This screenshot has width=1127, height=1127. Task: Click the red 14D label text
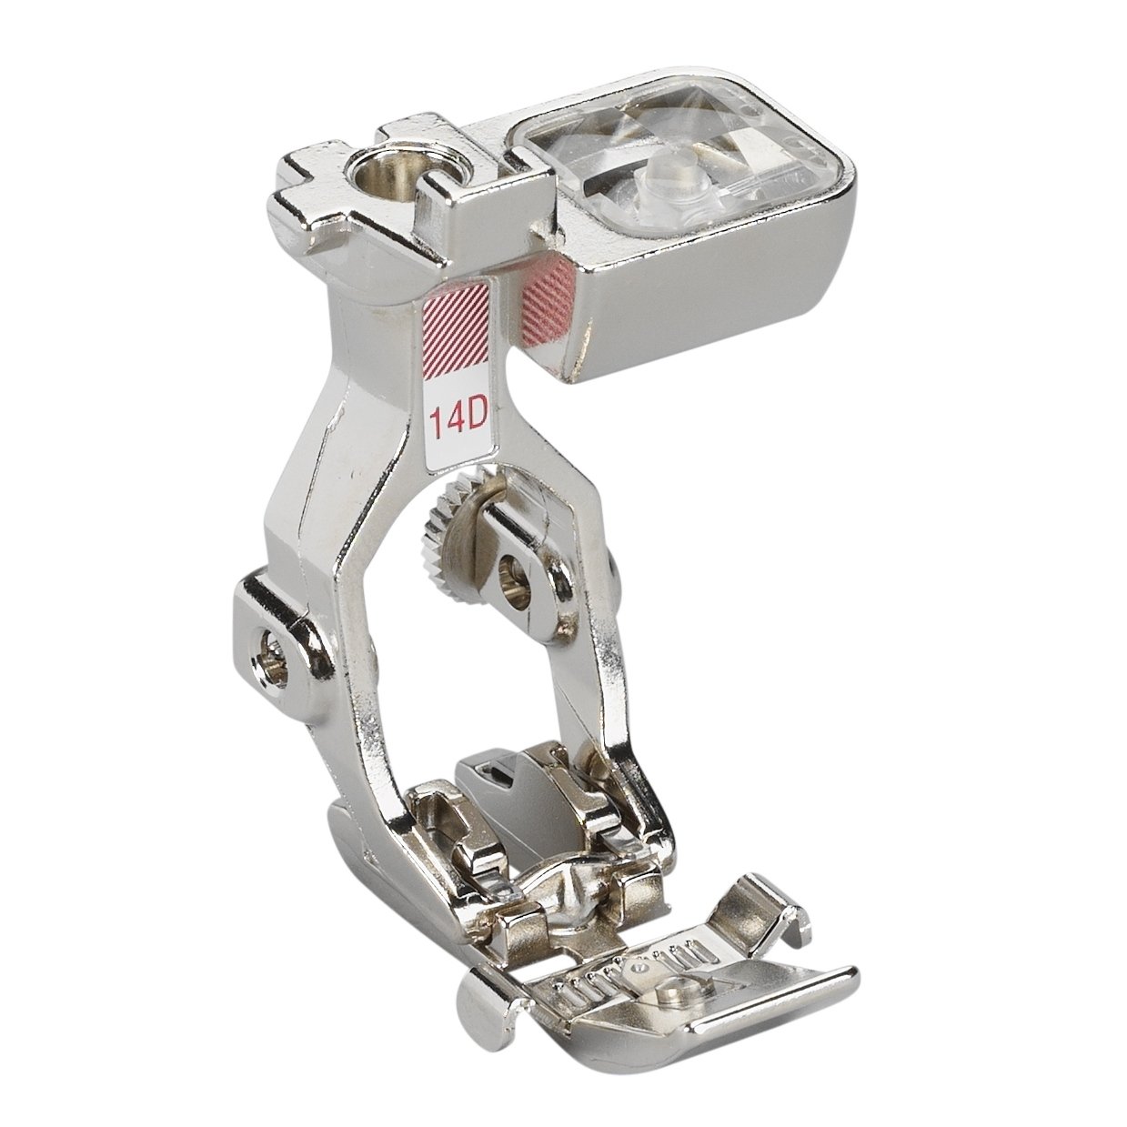(458, 416)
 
